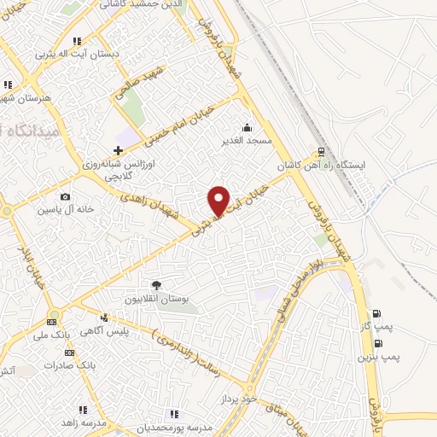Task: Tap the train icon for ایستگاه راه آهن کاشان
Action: [x=321, y=153]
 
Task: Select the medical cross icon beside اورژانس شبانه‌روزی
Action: [x=118, y=150]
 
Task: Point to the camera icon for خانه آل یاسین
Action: [x=65, y=197]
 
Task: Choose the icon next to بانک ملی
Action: [x=51, y=323]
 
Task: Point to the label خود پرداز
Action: [x=238, y=399]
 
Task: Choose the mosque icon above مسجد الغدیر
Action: [x=247, y=128]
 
